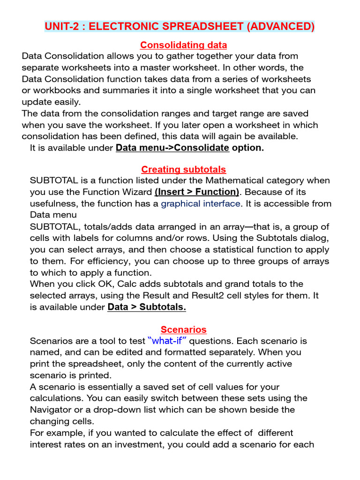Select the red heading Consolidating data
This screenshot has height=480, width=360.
[x=184, y=45]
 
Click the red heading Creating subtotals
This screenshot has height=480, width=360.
[x=184, y=169]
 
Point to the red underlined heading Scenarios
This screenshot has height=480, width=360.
[x=184, y=330]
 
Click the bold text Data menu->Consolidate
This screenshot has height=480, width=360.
[x=172, y=148]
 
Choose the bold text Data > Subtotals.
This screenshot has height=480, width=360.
[x=147, y=307]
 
